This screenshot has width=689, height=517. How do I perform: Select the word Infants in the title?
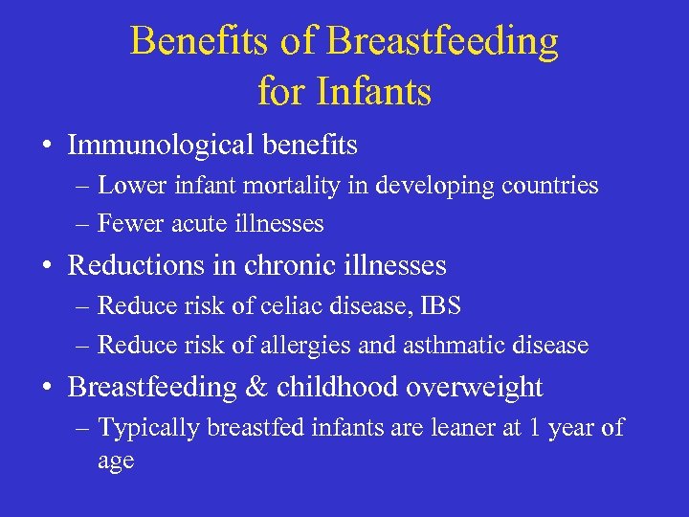coord(376,93)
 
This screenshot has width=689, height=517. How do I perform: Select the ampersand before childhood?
coord(255,387)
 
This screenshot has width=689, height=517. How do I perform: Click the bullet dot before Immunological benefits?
coord(46,146)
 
